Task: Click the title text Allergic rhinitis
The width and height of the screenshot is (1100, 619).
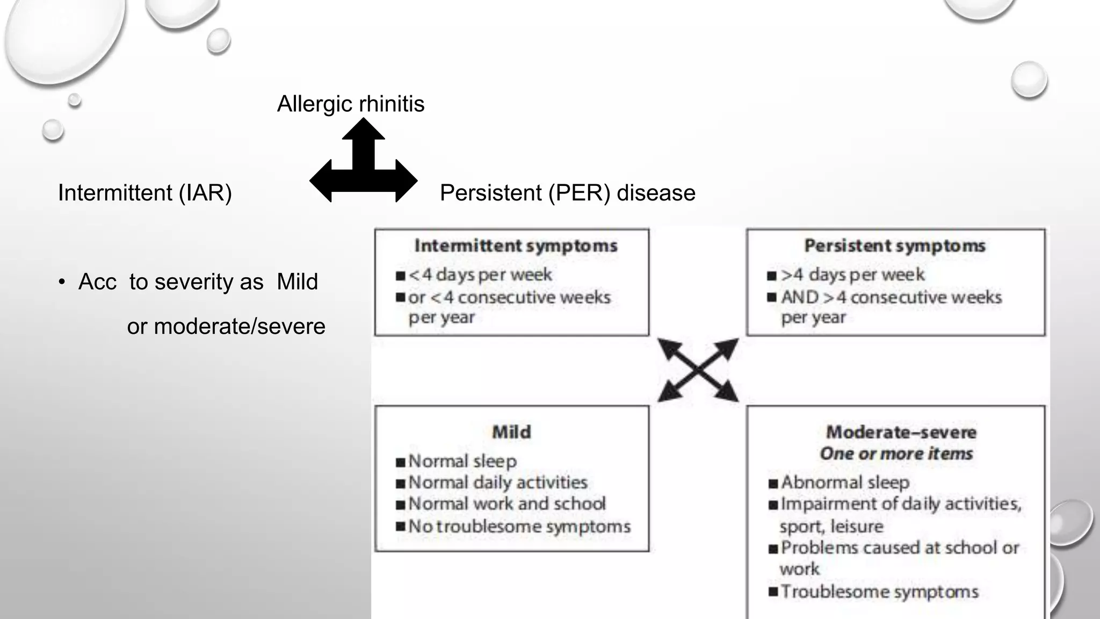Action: point(350,104)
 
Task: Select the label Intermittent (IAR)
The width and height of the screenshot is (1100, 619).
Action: point(144,192)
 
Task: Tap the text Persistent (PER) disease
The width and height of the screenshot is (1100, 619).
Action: point(567,192)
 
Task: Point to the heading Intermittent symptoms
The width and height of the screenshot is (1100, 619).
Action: point(516,246)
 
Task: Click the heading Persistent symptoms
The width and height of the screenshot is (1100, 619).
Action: point(895,246)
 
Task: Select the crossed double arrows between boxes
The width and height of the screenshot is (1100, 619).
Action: point(698,370)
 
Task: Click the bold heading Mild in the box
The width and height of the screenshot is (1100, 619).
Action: point(511,432)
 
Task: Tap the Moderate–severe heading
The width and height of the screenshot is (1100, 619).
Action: point(901,432)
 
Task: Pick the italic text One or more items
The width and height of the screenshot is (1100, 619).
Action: point(896,454)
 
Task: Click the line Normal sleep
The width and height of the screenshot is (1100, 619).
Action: point(462,461)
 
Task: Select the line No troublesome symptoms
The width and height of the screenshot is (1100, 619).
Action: point(519,526)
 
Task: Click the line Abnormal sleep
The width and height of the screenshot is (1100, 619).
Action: point(844,482)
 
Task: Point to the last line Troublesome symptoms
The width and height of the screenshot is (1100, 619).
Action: point(879,592)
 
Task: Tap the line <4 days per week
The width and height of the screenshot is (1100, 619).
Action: point(480,275)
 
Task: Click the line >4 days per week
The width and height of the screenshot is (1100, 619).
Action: point(852,275)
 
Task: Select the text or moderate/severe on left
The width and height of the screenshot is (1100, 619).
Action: point(226,326)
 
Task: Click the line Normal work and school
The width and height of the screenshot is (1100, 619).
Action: point(506,503)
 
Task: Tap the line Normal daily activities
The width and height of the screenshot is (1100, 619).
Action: point(497,482)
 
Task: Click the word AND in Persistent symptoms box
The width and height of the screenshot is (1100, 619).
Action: point(800,297)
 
